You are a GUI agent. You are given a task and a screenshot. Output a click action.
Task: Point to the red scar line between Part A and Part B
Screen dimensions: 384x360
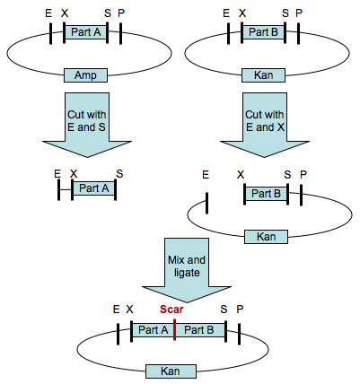click(x=174, y=330)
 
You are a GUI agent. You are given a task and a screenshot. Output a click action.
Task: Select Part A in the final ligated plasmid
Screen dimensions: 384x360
click(x=153, y=330)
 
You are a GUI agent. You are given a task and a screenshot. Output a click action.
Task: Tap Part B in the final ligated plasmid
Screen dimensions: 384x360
click(x=198, y=330)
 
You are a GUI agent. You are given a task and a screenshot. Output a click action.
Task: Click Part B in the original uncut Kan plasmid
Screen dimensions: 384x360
click(x=266, y=32)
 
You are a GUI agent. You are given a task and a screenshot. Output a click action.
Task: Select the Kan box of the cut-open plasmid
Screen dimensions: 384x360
click(x=266, y=236)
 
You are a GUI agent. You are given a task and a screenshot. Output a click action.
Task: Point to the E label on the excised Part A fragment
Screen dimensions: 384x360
click(x=57, y=172)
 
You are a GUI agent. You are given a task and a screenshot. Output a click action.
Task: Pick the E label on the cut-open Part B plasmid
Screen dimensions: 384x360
click(x=206, y=177)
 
